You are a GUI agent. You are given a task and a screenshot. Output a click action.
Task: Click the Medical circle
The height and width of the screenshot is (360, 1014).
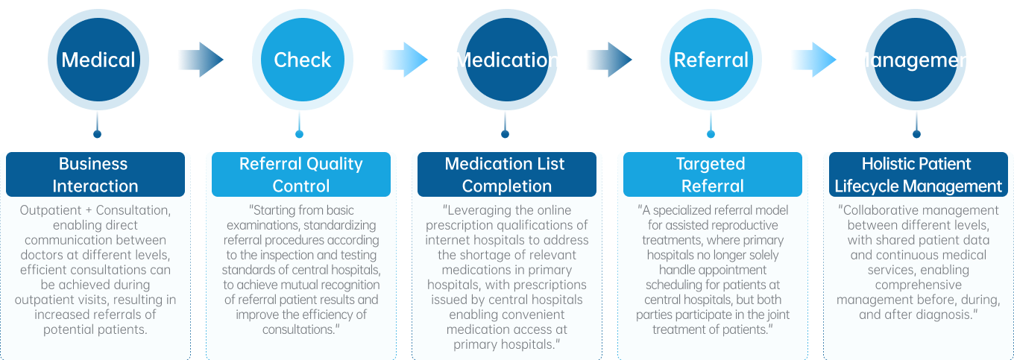pos(98,60)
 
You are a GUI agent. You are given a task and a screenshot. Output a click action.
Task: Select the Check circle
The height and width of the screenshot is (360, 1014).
pos(301,60)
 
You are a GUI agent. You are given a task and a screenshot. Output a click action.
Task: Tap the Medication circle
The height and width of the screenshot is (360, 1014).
pos(506,60)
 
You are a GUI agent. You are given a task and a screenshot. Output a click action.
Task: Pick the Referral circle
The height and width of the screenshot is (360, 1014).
pos(711,60)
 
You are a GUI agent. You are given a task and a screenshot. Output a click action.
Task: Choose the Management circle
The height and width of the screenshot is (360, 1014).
pos(916,60)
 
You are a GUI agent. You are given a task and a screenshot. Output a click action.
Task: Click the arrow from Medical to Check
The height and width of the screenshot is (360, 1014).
pos(200,60)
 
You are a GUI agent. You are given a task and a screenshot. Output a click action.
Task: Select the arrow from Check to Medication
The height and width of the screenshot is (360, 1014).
pos(404,60)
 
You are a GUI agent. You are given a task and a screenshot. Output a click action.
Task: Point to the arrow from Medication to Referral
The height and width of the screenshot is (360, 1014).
pos(608,60)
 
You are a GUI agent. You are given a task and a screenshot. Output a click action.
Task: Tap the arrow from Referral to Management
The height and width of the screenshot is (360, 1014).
pos(813,60)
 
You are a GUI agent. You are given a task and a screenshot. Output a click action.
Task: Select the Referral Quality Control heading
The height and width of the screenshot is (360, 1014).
pos(300,174)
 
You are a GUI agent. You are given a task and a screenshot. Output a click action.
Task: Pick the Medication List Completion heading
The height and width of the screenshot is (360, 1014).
pos(506,174)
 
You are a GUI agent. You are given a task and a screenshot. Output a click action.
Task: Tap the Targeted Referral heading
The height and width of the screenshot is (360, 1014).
pos(711,174)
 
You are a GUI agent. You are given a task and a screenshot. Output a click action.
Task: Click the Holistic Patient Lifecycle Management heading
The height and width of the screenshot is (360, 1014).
pos(916,174)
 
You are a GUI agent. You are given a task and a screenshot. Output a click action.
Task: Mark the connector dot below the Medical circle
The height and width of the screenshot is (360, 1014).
pos(97,134)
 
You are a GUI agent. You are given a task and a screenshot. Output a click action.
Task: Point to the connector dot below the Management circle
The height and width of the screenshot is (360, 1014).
pos(916,134)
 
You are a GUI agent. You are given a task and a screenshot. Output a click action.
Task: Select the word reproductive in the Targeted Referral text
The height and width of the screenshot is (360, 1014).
pos(743,225)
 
